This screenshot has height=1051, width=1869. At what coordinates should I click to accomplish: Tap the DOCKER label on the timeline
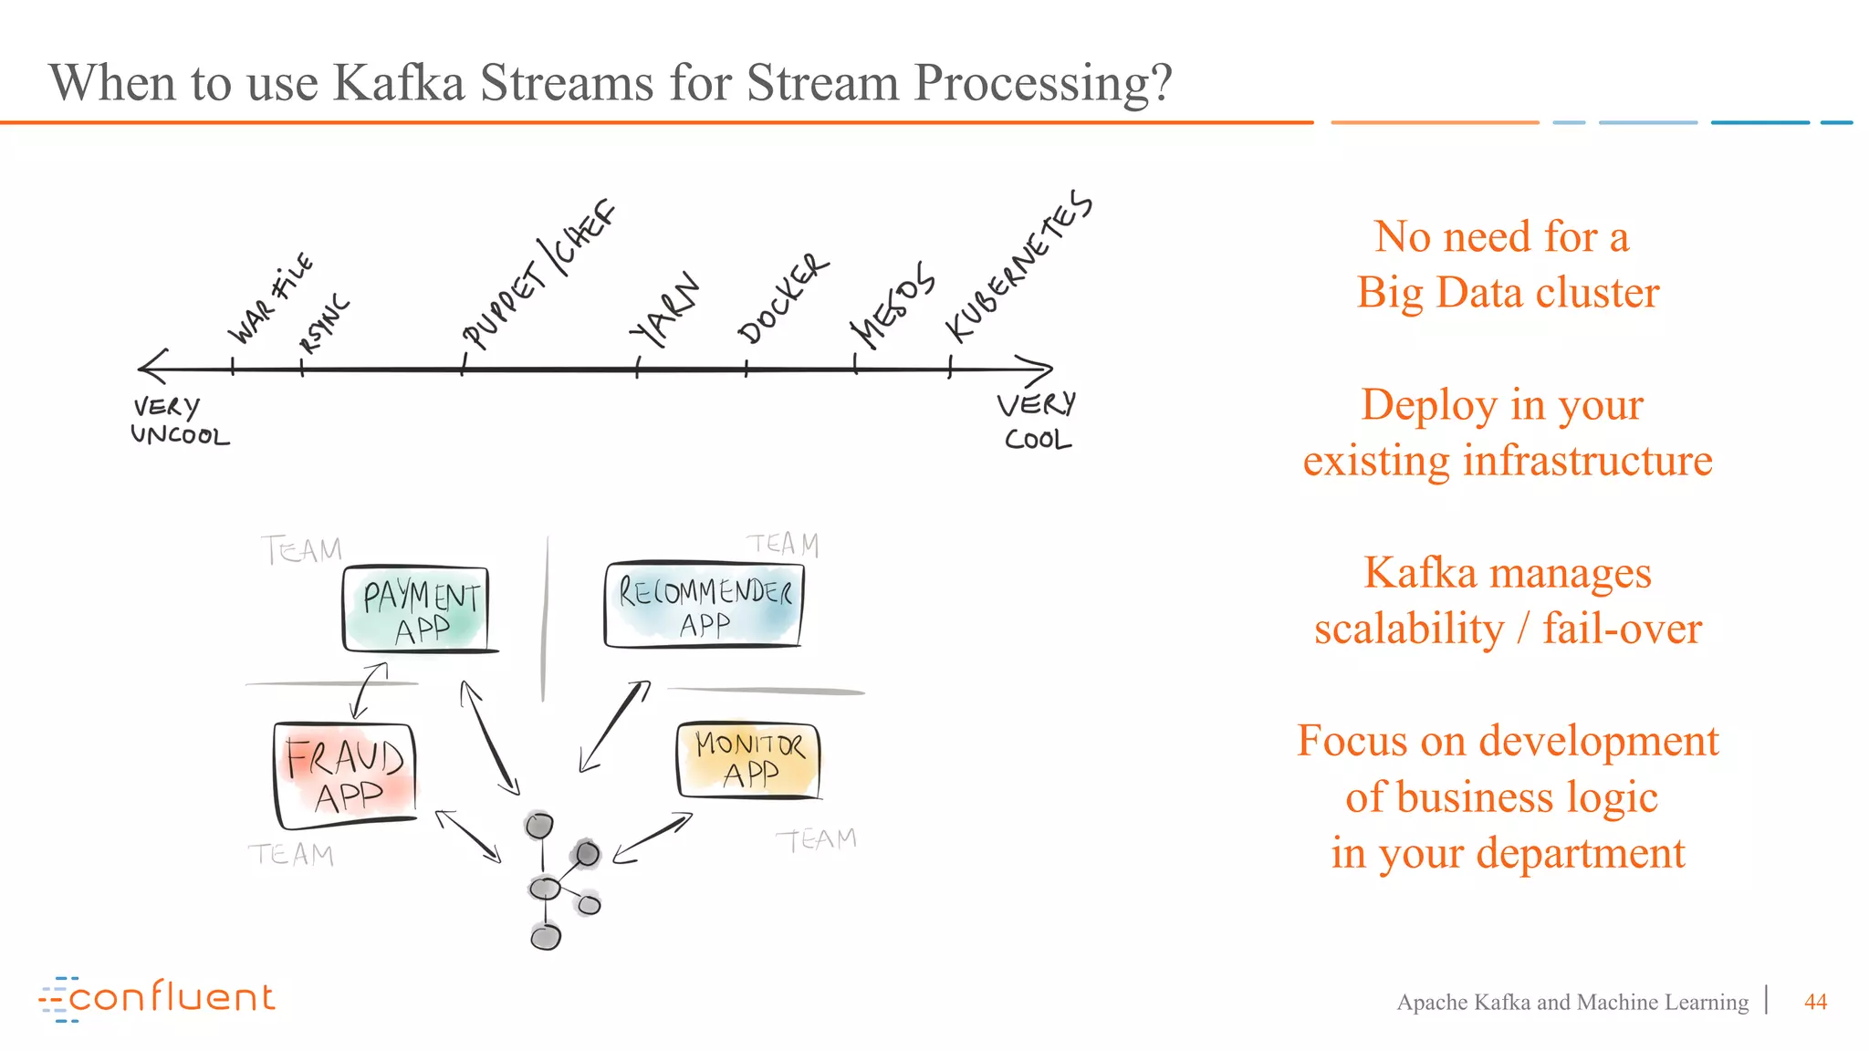(783, 299)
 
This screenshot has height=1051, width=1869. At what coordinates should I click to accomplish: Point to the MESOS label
(892, 306)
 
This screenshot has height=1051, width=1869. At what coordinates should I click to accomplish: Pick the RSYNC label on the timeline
(325, 324)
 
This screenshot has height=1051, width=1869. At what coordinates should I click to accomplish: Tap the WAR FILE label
(269, 299)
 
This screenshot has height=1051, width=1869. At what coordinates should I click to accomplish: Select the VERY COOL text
(1037, 421)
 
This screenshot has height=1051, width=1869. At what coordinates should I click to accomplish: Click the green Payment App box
(417, 609)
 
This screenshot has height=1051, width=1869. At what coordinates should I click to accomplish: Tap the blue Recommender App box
(704, 605)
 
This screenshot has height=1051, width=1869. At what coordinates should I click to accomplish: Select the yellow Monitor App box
(748, 759)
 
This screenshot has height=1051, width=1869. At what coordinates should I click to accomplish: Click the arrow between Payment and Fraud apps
(369, 692)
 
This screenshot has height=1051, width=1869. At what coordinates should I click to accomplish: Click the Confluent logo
(157, 998)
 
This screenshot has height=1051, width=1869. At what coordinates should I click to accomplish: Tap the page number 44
(1815, 1002)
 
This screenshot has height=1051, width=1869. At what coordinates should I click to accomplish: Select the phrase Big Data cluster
(1508, 293)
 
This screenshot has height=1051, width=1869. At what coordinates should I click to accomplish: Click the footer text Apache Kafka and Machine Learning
(1571, 1002)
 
